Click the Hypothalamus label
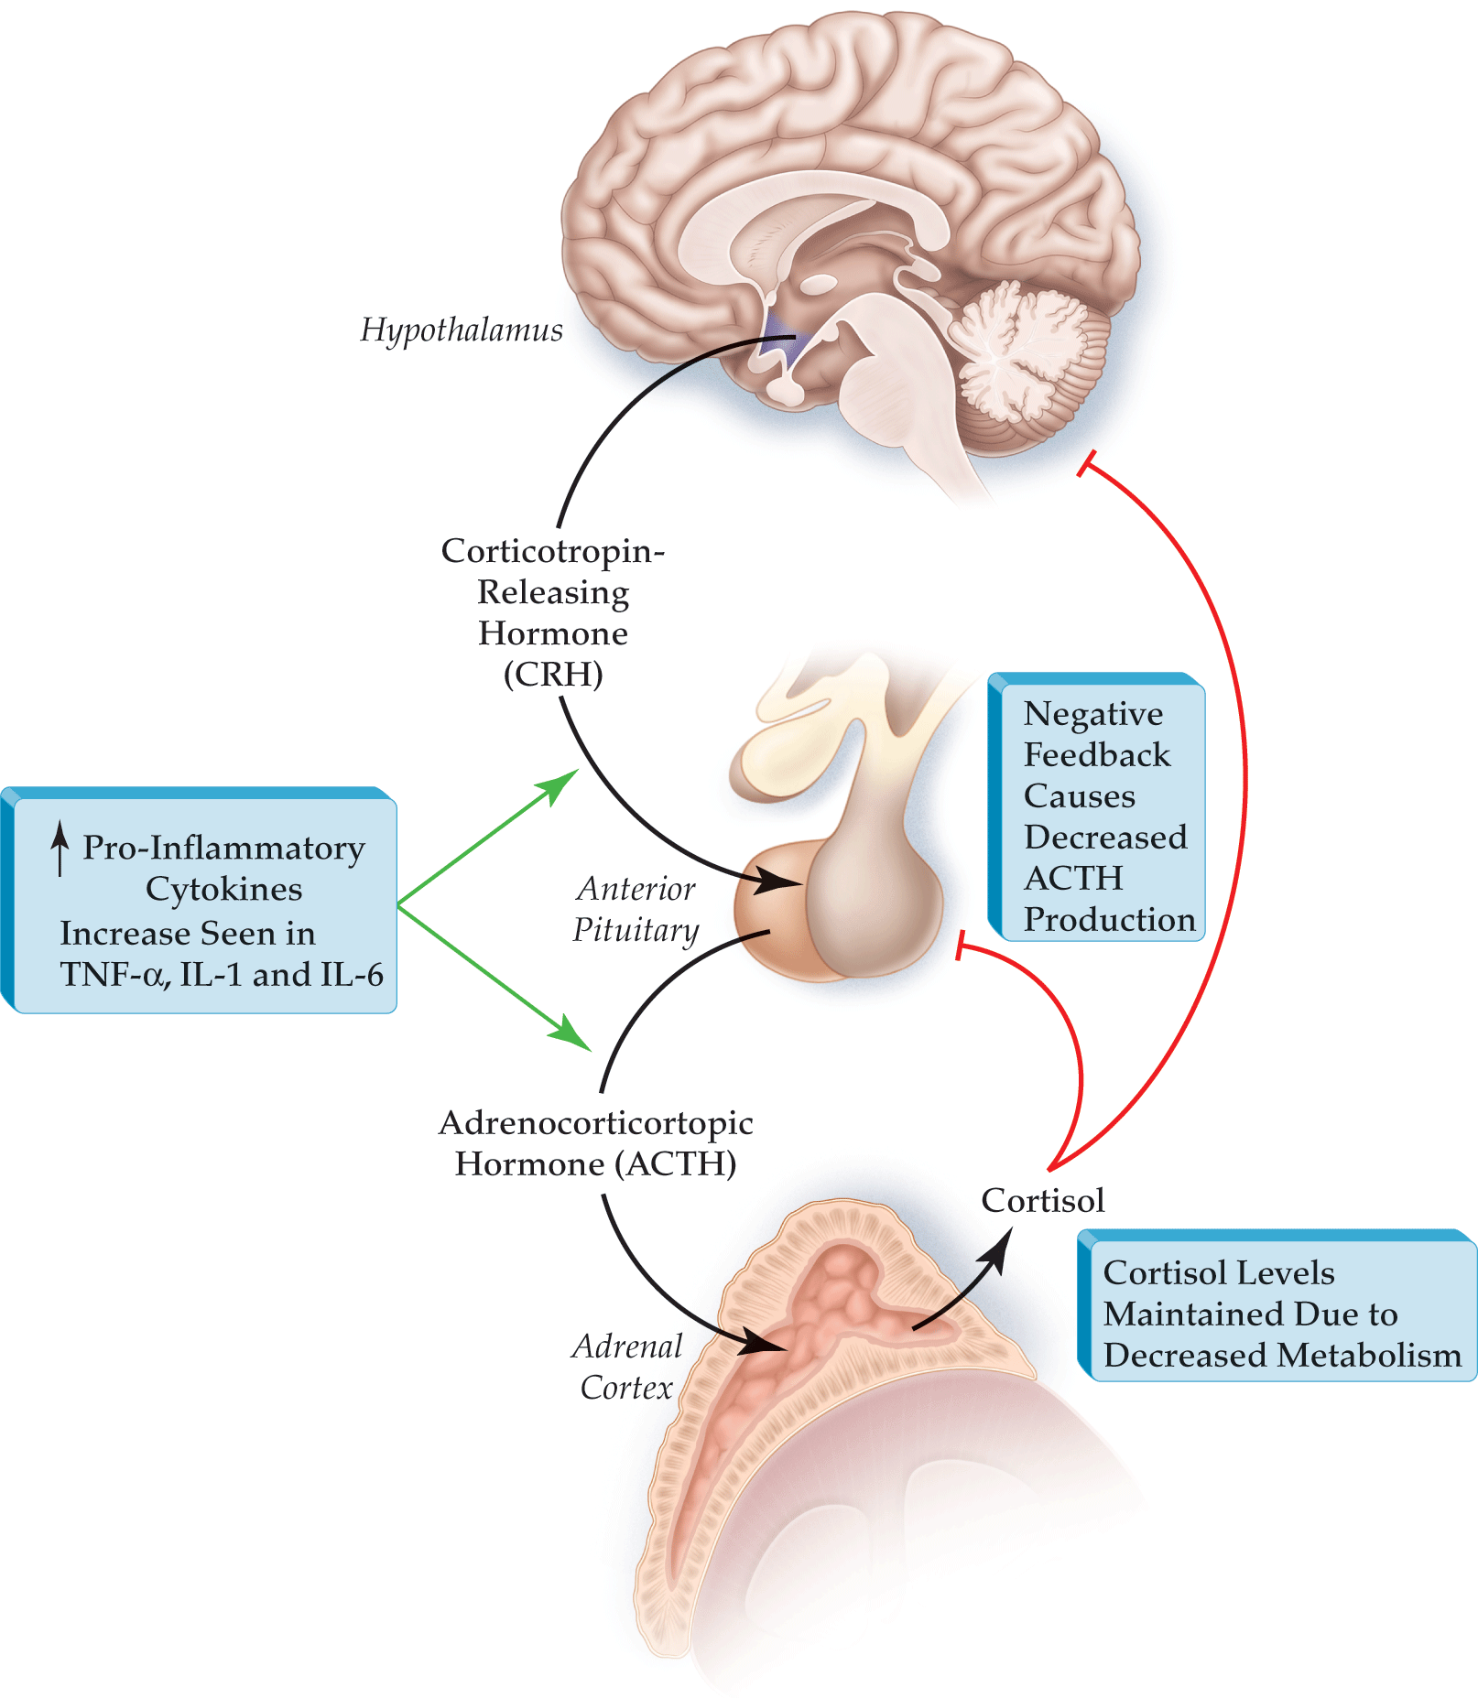(x=462, y=330)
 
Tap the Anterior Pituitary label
(x=636, y=909)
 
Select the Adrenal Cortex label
(x=628, y=1366)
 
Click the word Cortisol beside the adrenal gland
(x=1042, y=1200)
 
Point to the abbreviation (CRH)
(x=553, y=675)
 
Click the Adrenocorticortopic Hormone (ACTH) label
(x=596, y=1143)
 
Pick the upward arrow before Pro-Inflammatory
(x=60, y=847)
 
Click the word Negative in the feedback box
(x=1092, y=714)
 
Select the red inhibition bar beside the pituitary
(x=959, y=946)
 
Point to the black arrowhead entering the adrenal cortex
(x=766, y=1342)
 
